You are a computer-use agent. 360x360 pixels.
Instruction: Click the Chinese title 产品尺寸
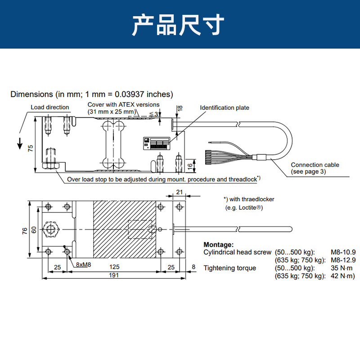[x=178, y=25]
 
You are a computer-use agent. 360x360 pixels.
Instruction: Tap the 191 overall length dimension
[x=114, y=275]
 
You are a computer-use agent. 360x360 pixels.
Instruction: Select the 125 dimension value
[x=114, y=267]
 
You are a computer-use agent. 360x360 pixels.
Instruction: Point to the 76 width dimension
[x=25, y=231]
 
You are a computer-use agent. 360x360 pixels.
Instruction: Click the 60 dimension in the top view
[x=34, y=229]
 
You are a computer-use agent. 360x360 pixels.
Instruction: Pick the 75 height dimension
[x=30, y=148]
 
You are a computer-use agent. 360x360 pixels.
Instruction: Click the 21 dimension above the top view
[x=179, y=192]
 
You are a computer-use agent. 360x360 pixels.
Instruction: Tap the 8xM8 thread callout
[x=83, y=265]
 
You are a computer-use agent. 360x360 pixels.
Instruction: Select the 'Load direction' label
[x=50, y=107]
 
